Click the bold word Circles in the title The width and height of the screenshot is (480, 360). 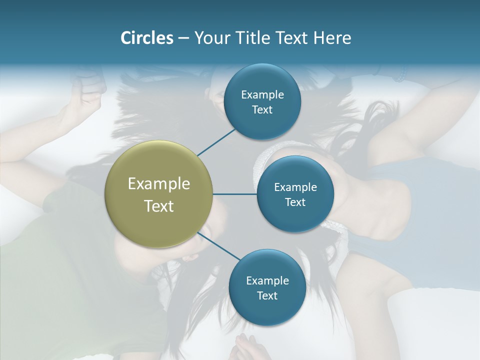(146, 38)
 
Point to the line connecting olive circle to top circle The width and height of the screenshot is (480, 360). (216, 142)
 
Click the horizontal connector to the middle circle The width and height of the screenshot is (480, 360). (234, 194)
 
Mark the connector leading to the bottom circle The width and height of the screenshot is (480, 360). (218, 246)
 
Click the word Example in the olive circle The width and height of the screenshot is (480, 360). (159, 184)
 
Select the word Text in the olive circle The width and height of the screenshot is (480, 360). (159, 206)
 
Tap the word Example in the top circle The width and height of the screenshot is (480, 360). (262, 95)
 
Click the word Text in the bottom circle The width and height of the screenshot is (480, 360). (267, 295)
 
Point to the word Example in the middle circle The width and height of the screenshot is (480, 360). (295, 187)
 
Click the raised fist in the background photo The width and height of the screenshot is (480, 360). (89, 95)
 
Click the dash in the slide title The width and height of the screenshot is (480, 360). (183, 38)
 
